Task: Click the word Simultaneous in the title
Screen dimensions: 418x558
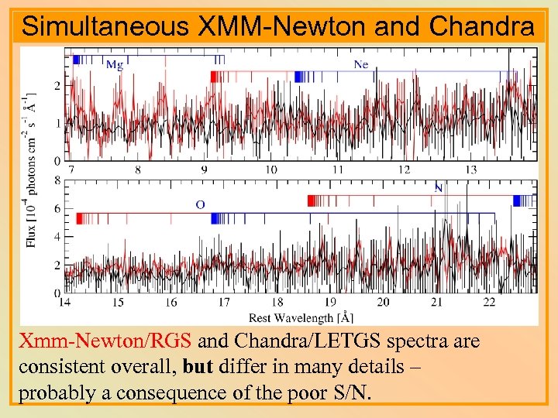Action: click(x=105, y=26)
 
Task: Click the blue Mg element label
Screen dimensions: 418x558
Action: click(x=114, y=65)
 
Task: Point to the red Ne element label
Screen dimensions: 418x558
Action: click(x=360, y=65)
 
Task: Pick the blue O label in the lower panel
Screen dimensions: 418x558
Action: click(x=200, y=204)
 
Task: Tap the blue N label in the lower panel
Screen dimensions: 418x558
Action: click(x=439, y=188)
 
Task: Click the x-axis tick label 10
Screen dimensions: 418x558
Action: click(x=271, y=170)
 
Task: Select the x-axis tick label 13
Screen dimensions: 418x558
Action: click(x=471, y=170)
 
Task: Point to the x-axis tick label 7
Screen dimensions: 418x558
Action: click(x=71, y=170)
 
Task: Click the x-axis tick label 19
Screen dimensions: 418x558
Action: click(x=330, y=302)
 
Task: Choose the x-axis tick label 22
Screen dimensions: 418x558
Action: click(x=489, y=302)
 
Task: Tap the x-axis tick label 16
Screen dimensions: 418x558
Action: click(x=170, y=302)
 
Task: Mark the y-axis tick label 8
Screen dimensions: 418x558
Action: click(x=57, y=180)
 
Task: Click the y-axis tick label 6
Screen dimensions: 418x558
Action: click(x=57, y=209)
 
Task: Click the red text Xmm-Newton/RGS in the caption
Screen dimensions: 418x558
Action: click(x=108, y=341)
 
